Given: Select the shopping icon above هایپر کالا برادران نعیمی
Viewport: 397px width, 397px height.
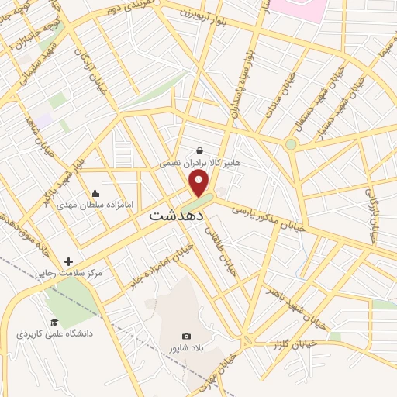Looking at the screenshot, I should point(200,151).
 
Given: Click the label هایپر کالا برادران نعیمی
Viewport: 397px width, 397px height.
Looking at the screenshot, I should point(195,164).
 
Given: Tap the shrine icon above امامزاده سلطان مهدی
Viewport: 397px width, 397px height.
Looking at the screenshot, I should point(95,193).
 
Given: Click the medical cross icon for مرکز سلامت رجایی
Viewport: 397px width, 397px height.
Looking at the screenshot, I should point(69,262).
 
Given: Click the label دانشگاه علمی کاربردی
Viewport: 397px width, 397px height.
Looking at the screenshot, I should point(54,334).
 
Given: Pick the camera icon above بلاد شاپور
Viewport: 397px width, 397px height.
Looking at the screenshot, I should point(186,336).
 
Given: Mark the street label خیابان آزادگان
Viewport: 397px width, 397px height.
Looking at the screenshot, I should point(85,65).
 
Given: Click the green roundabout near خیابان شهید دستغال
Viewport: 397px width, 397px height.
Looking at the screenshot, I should point(291,144).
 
